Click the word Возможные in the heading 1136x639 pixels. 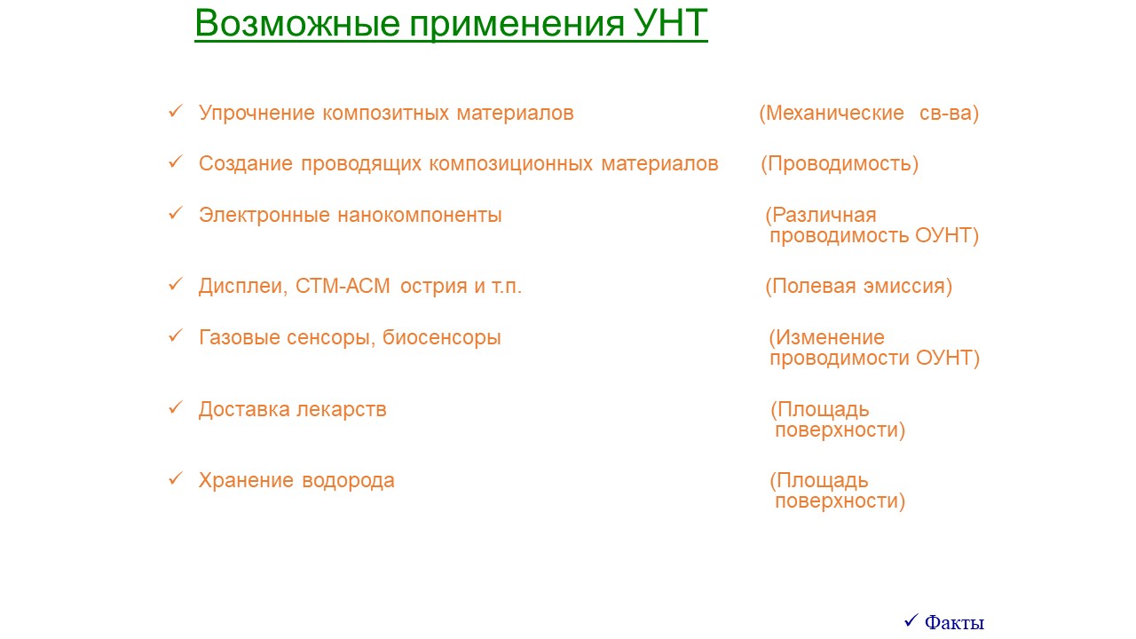click(x=297, y=23)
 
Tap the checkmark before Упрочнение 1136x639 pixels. click(x=176, y=111)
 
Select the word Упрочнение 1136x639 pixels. click(x=256, y=113)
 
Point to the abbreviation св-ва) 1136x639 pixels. click(x=949, y=113)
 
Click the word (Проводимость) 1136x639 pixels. click(x=840, y=164)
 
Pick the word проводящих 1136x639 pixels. click(x=361, y=164)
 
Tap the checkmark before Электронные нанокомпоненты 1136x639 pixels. click(x=176, y=213)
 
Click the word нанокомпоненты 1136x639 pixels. click(x=420, y=216)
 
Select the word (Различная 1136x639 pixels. click(x=821, y=216)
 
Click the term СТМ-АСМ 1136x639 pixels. click(x=343, y=286)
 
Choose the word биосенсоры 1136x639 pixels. click(x=441, y=338)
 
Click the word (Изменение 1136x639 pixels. click(x=826, y=337)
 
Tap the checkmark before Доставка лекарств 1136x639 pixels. click(x=176, y=407)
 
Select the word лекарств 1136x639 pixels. click(x=342, y=409)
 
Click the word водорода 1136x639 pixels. click(x=348, y=481)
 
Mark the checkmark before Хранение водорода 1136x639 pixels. click(x=176, y=478)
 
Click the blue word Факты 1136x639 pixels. click(x=954, y=622)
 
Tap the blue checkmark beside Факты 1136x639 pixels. click(x=911, y=619)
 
